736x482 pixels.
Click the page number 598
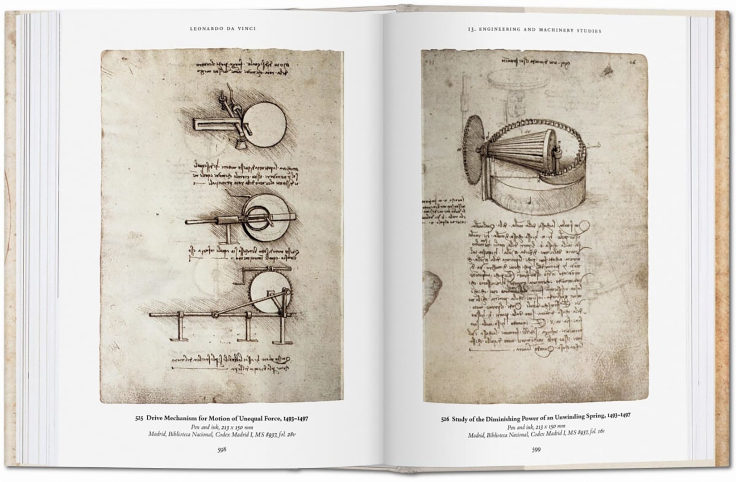[x=222, y=449]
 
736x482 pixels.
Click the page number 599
[x=536, y=449]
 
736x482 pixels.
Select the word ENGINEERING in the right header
[x=499, y=30]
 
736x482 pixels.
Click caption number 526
[x=445, y=419]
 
